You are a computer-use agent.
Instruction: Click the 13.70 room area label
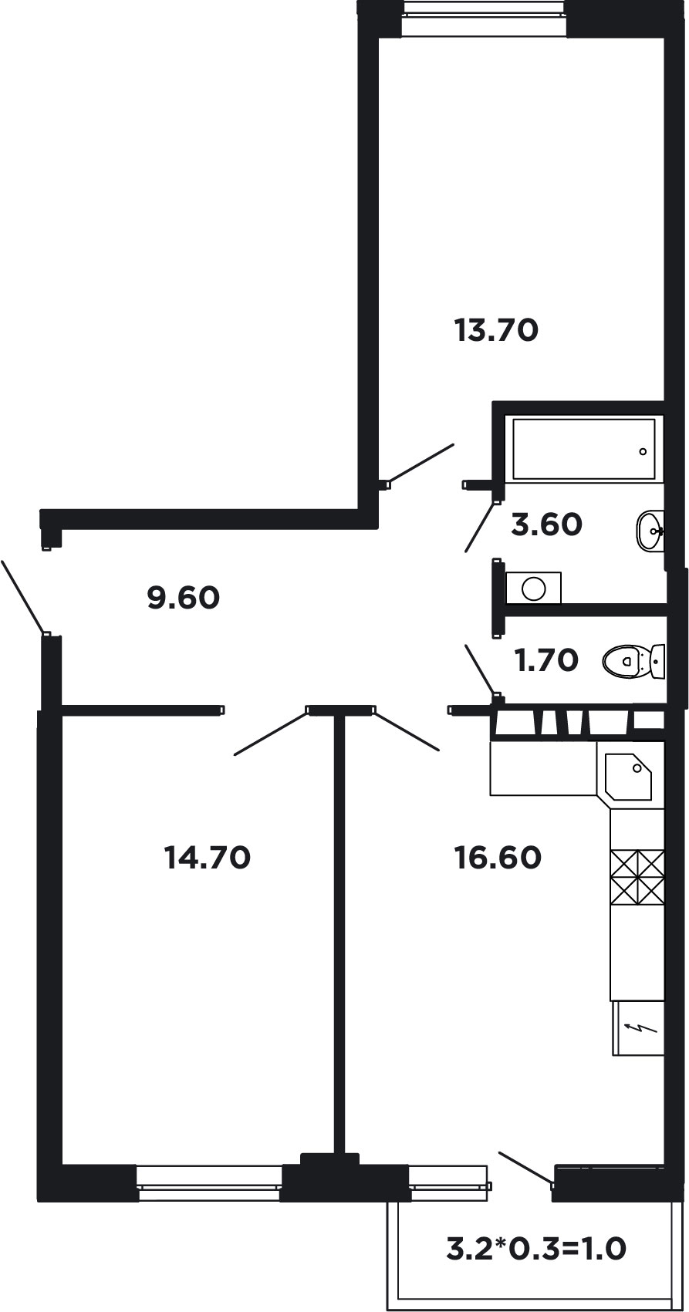(x=496, y=330)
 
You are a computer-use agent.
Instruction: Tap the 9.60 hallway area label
(x=184, y=598)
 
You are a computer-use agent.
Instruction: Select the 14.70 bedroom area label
(x=208, y=857)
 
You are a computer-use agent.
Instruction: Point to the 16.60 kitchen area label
(x=498, y=857)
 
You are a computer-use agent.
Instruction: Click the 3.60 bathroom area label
(x=546, y=524)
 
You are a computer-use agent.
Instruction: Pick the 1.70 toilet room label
(x=546, y=660)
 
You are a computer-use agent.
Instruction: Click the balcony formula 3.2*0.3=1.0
(x=536, y=1248)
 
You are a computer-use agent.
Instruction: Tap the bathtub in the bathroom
(x=584, y=449)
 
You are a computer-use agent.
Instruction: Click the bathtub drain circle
(x=643, y=451)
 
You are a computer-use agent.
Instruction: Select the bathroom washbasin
(x=650, y=531)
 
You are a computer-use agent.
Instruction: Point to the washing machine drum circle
(x=534, y=588)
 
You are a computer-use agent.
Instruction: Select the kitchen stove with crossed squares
(x=637, y=878)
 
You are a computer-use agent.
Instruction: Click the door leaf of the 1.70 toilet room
(x=481, y=669)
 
